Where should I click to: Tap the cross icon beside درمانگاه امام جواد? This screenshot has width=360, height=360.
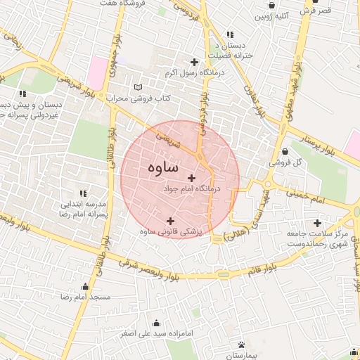tap(191, 178)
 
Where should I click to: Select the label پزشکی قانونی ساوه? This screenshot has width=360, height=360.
tap(172, 231)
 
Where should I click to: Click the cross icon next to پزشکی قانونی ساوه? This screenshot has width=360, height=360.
tap(169, 221)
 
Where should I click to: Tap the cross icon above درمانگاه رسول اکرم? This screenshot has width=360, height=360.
tap(195, 62)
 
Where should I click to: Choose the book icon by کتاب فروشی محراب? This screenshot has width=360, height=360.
tap(138, 87)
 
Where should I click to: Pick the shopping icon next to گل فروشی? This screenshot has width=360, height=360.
tap(284, 151)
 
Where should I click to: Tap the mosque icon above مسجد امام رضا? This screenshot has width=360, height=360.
tap(86, 287)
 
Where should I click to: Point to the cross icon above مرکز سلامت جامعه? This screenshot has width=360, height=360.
tap(318, 223)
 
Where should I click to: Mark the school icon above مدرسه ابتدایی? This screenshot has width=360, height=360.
tap(83, 193)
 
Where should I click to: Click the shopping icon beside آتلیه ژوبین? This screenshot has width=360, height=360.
tap(271, 6)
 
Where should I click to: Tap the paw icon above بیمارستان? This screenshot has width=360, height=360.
tap(242, 345)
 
